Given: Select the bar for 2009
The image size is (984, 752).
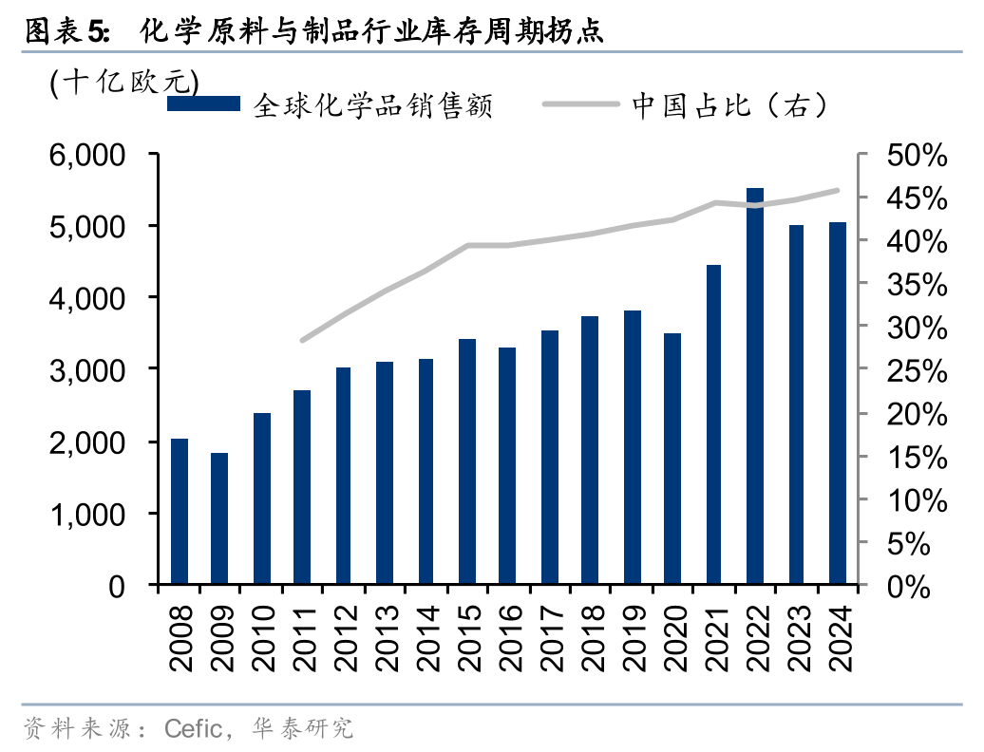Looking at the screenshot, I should tap(219, 518).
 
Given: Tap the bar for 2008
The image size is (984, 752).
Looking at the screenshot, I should tap(179, 512).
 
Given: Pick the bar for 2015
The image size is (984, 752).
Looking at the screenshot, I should tap(466, 461).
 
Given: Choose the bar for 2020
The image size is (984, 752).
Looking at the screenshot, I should tap(672, 459).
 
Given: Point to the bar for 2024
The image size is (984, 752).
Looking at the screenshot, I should tap(838, 404).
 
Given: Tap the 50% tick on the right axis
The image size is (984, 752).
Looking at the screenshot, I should tap(911, 155).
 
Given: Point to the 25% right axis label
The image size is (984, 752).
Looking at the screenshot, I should tap(911, 371).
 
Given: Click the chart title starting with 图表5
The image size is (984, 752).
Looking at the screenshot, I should tap(313, 32).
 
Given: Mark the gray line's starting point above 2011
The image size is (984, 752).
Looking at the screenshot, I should tap(302, 340).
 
